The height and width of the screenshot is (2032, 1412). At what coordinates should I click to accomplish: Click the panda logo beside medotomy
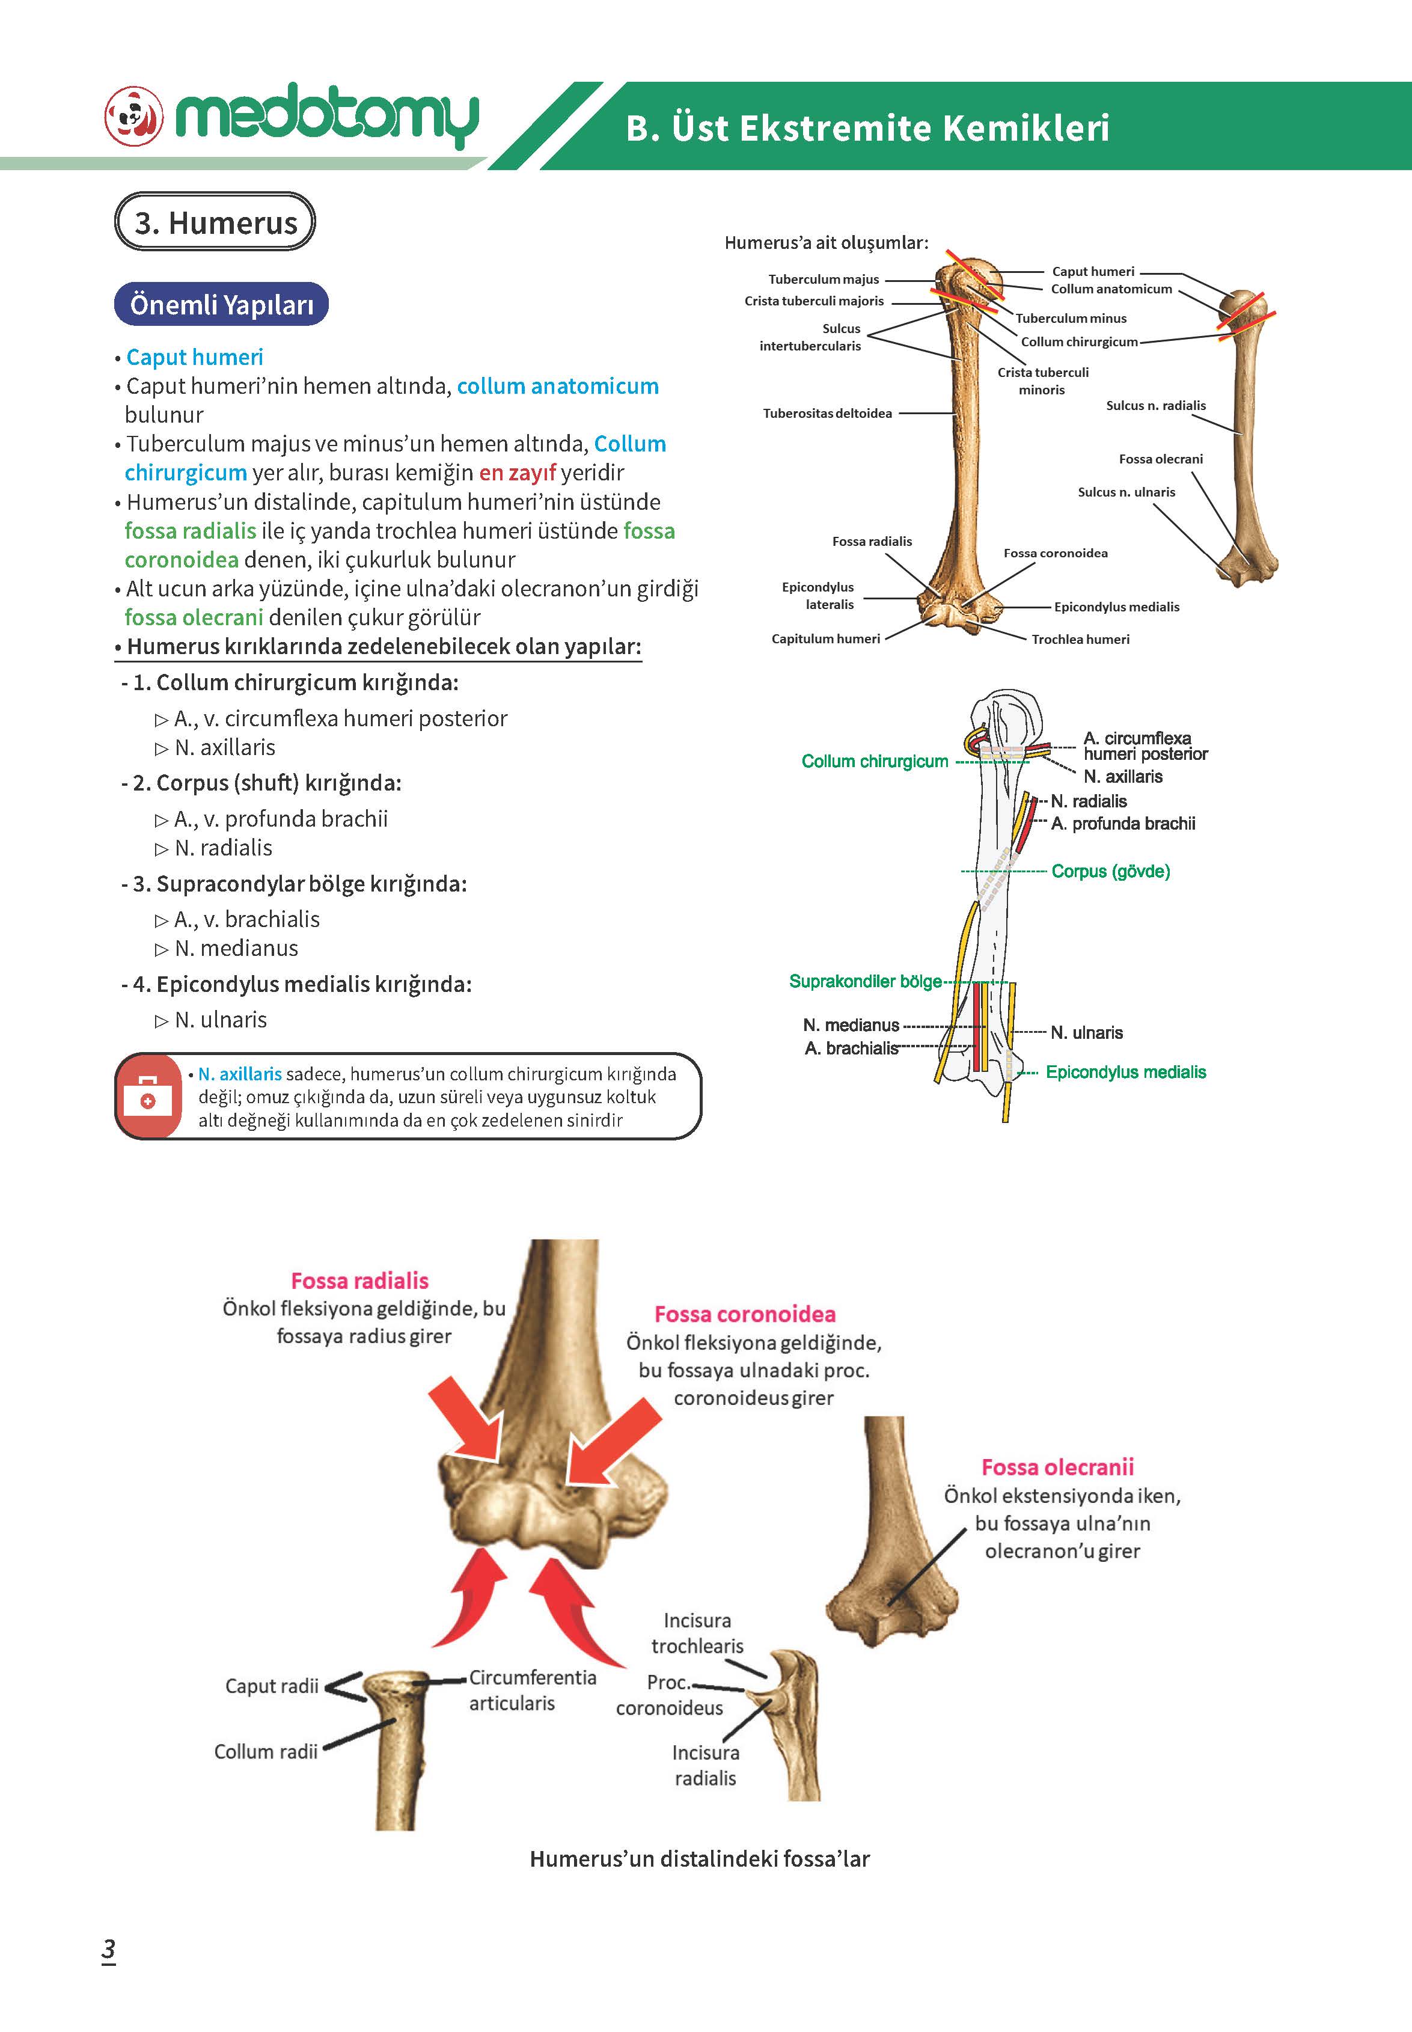click(x=135, y=116)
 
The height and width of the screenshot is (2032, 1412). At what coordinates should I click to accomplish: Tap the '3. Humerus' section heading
click(x=215, y=222)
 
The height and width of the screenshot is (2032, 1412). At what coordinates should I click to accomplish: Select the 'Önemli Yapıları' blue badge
click(x=221, y=304)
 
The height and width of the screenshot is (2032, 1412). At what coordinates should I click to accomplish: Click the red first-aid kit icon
click(x=148, y=1096)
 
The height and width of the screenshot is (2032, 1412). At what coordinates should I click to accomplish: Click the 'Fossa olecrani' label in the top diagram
click(x=1161, y=459)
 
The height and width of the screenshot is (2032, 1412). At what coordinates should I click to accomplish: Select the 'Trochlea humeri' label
click(x=1080, y=638)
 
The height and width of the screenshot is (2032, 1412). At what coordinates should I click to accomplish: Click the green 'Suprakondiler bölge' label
click(x=865, y=981)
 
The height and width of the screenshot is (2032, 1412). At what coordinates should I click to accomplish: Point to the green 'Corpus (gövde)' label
click(x=1110, y=871)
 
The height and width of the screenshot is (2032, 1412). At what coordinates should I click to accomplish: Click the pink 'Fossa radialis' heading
click(x=359, y=1281)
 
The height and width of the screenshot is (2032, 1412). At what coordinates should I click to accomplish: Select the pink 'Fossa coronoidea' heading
click(x=745, y=1315)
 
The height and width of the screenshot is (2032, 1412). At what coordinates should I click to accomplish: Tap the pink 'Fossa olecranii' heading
click(x=1057, y=1467)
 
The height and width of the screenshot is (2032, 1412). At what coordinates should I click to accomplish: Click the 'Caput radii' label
click(x=272, y=1686)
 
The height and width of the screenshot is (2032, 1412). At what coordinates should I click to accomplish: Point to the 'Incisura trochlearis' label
click(x=697, y=1633)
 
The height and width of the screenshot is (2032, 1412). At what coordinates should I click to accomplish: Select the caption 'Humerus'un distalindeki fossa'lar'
click(x=700, y=1859)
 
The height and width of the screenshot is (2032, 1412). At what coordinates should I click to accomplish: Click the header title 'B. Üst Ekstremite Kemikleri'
click(x=868, y=127)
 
